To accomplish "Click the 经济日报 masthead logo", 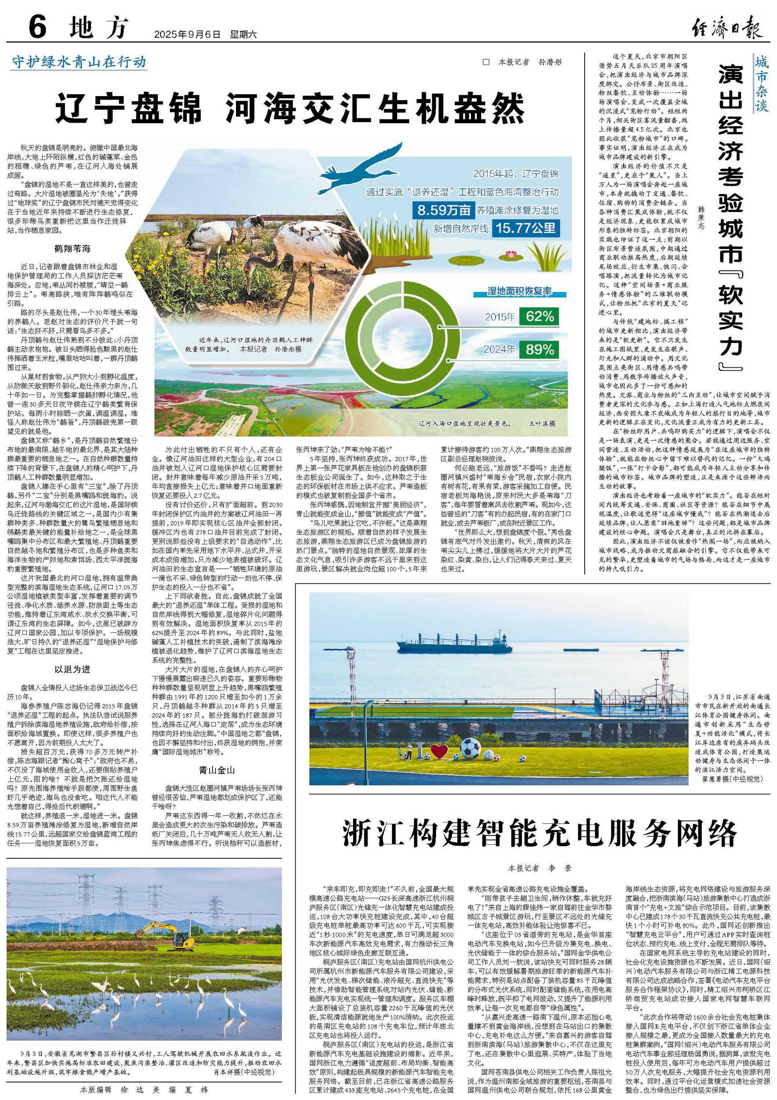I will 727,28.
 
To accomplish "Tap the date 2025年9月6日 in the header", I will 187,34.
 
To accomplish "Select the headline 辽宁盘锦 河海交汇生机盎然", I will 290,108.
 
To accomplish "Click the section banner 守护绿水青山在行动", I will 79,62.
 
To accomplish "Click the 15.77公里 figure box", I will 525,228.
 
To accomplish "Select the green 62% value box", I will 539,317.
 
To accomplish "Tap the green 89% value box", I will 539,349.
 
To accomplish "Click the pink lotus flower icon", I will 510,254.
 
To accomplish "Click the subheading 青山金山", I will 217,770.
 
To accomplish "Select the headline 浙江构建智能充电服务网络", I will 540,833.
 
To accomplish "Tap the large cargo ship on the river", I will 454,643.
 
